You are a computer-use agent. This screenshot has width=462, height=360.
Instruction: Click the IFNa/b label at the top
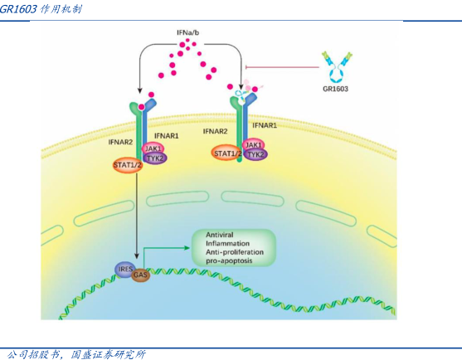(x=188, y=32)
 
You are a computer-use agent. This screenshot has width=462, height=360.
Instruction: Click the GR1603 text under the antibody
(x=336, y=89)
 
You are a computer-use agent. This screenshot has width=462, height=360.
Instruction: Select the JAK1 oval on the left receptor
(x=153, y=148)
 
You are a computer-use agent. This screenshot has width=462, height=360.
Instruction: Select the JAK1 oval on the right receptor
(x=253, y=145)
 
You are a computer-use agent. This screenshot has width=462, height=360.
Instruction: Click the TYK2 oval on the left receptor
(x=155, y=158)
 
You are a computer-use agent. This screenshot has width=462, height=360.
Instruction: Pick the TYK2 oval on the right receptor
(x=255, y=154)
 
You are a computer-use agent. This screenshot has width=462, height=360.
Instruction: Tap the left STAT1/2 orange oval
(x=128, y=165)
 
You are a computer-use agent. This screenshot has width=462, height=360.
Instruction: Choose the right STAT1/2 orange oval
(x=227, y=153)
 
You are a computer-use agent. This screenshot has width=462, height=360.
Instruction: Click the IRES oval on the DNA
(x=125, y=269)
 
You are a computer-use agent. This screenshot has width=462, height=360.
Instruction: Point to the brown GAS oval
(x=140, y=275)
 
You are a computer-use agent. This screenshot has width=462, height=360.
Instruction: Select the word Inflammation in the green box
(x=227, y=243)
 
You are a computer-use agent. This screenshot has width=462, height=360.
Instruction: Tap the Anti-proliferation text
(x=235, y=252)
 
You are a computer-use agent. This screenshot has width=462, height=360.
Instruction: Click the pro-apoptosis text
(x=229, y=260)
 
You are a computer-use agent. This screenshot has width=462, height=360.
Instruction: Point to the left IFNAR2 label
(x=120, y=142)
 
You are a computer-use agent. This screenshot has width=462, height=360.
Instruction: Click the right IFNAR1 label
(x=265, y=125)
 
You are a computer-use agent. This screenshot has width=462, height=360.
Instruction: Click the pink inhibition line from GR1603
(x=282, y=67)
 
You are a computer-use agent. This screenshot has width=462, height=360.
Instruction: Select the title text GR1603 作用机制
(x=41, y=9)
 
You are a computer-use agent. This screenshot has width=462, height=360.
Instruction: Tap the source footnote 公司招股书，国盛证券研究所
(x=76, y=354)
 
